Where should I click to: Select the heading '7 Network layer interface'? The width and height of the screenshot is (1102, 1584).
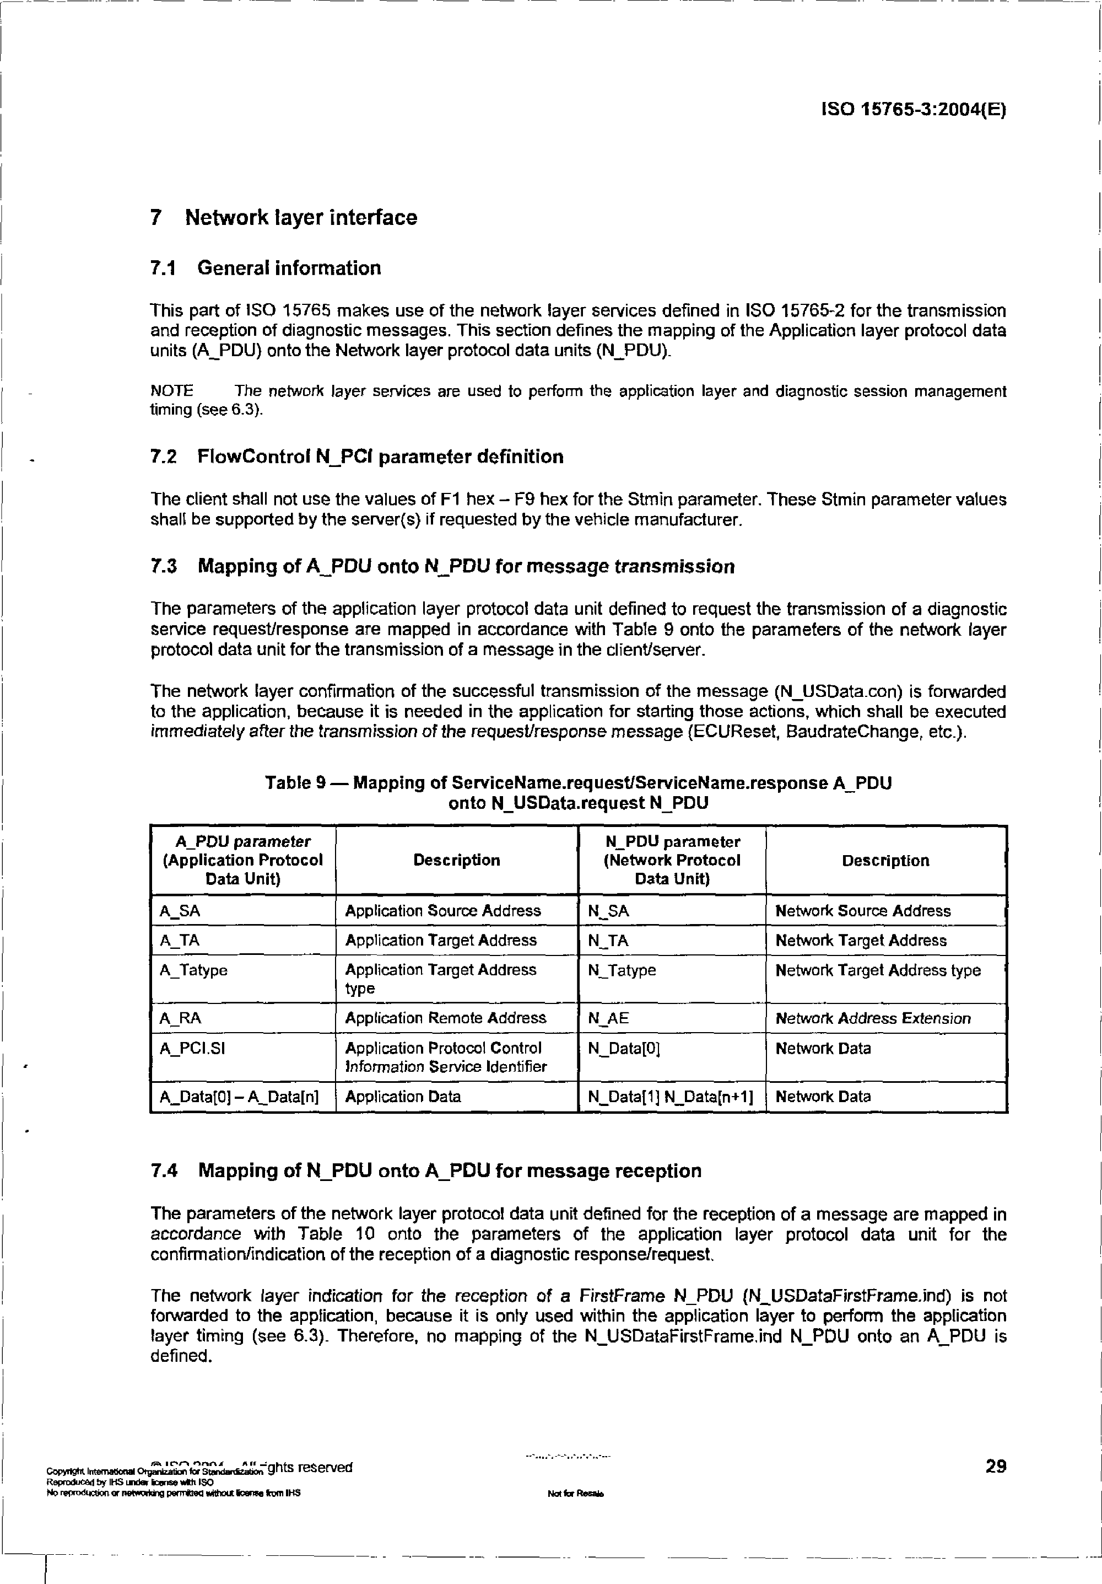(x=283, y=217)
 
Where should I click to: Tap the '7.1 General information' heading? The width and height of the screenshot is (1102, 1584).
(x=266, y=268)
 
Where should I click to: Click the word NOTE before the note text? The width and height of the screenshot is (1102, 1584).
(x=172, y=391)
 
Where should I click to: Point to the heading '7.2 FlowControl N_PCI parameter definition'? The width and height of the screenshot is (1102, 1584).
(x=356, y=457)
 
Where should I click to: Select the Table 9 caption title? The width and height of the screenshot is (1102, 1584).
(x=578, y=793)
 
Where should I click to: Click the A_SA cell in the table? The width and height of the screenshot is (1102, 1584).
(x=180, y=911)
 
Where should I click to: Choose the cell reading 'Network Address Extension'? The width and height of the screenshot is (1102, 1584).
(x=872, y=1018)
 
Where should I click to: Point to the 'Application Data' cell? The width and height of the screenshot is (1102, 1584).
(x=403, y=1096)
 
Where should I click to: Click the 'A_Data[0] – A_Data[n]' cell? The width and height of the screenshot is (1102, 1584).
(x=239, y=1096)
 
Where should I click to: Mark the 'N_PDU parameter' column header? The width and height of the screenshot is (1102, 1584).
(x=672, y=860)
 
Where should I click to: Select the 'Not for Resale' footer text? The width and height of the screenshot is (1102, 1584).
(x=575, y=1494)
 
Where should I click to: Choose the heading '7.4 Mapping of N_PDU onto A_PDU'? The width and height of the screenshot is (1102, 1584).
(x=425, y=1170)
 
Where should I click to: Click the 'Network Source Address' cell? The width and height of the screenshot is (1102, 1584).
(x=863, y=911)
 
